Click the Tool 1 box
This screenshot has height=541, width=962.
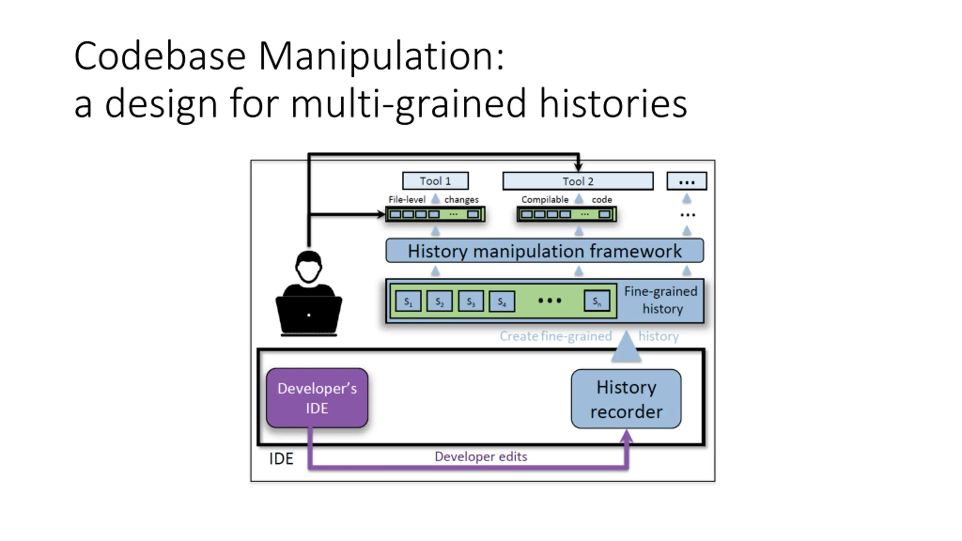click(435, 181)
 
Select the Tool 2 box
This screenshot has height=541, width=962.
click(578, 181)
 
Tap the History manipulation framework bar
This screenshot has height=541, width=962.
click(545, 251)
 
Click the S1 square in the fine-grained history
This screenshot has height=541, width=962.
click(408, 301)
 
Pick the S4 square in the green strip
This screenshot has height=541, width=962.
click(502, 301)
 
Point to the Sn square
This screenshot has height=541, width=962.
click(597, 301)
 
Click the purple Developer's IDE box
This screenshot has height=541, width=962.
click(317, 398)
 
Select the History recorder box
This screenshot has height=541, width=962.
click(626, 399)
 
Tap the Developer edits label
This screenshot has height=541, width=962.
click(481, 456)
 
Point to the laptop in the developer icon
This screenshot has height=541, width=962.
click(309, 315)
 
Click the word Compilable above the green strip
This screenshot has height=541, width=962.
click(545, 199)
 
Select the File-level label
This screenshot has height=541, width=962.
click(407, 199)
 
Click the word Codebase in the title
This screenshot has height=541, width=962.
click(160, 56)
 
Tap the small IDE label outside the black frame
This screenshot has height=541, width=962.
click(281, 459)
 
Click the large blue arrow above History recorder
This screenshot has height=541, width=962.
click(626, 348)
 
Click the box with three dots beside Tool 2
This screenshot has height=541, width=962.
click(687, 181)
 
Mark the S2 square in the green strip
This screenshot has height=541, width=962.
click(439, 301)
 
